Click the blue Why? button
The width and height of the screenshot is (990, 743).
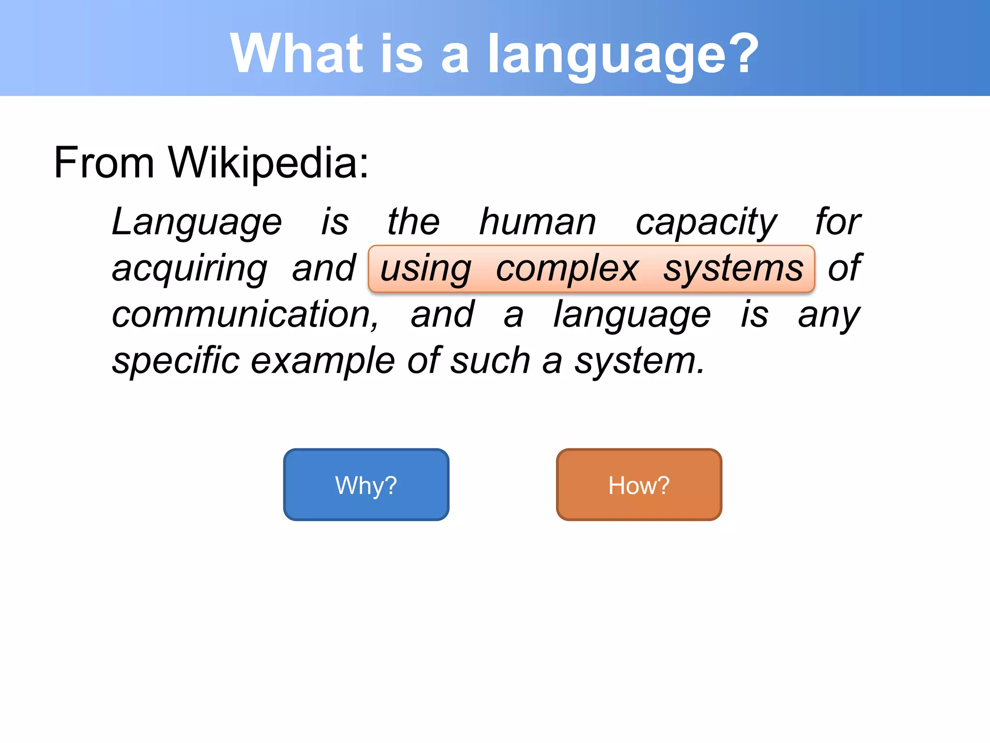point(366,485)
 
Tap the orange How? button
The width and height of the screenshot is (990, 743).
point(639,485)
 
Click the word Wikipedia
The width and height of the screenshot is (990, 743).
point(268,163)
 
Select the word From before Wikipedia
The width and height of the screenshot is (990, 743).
point(103,163)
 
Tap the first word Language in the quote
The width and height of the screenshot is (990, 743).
point(196,222)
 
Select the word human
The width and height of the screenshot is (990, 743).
point(537,222)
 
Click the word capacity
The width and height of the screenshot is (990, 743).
point(706,222)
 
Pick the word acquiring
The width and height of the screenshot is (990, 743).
point(189,269)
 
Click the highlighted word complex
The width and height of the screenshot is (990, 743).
point(567,269)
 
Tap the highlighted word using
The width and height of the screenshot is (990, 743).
point(425,269)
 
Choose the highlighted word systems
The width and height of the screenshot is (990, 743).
point(733,269)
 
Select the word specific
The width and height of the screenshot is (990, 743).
point(175,361)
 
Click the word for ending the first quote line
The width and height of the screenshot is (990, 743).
point(838,222)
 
